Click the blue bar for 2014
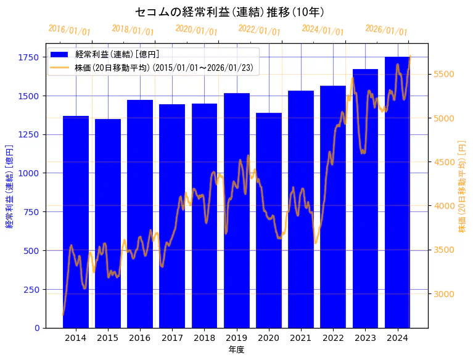pos(76,222)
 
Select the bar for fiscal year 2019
pos(237,210)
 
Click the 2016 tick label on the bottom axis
pos(140,338)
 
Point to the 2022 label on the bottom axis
pos(333,338)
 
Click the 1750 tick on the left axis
pos(29,57)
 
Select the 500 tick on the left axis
pos(32,251)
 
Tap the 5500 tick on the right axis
pos(444,74)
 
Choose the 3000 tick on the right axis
pos(444,294)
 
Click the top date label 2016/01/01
pos(69,30)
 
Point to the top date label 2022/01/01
pos(259,30)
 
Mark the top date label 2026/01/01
pos(386,30)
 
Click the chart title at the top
pos(229,12)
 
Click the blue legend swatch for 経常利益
pos(61,54)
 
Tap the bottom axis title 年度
pos(236,350)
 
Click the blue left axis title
pos(9,186)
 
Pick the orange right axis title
pos(462,186)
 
